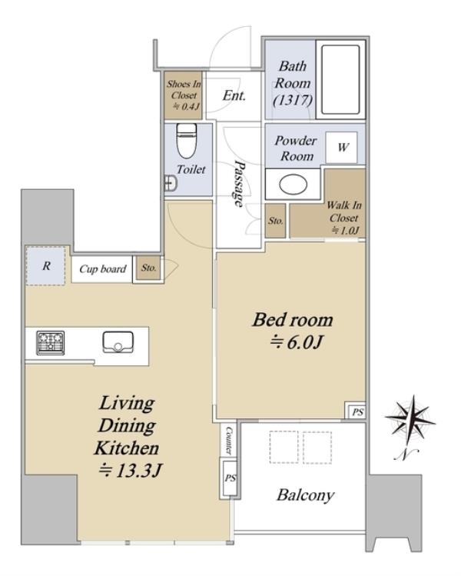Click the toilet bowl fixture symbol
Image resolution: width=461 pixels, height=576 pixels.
187,141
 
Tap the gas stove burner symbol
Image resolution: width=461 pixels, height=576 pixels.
51,343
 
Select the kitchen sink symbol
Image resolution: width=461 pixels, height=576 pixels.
118,342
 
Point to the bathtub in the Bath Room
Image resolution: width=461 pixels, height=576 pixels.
340,80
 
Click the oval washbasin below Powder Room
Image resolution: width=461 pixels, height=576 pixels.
294,185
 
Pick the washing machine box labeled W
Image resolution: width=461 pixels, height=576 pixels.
341,148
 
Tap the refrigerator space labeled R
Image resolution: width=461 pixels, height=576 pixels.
46,265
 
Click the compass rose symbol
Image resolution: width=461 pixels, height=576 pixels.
410,422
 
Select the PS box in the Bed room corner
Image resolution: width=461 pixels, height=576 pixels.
355,411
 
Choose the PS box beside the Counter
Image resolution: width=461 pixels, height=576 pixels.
229,478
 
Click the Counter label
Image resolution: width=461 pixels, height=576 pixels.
229,440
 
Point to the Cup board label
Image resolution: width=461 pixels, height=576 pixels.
103,269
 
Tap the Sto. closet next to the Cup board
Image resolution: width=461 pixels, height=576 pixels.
148,268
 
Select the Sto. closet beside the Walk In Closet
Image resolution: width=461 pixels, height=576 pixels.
275,221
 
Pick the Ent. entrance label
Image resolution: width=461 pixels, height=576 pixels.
234,95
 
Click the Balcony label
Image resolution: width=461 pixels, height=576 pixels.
305,495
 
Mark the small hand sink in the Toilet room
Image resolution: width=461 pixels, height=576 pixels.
171,183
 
